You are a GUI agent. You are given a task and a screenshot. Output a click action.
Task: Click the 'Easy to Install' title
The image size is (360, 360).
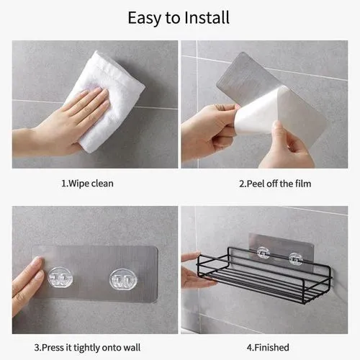179,17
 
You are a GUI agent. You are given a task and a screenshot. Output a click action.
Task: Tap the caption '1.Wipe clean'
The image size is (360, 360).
86,184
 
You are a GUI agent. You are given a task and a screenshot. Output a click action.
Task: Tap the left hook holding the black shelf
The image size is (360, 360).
263,254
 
